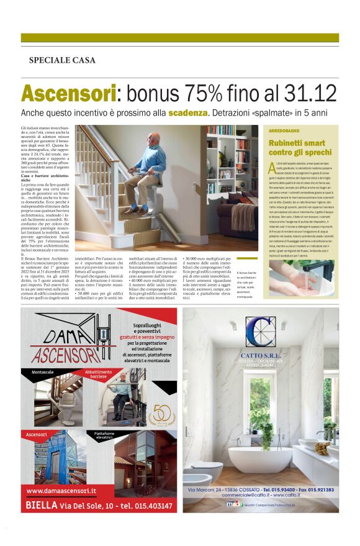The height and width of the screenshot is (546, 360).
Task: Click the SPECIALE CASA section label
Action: (62, 60)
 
